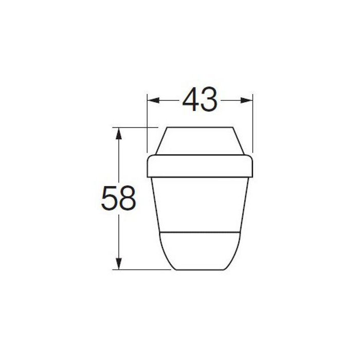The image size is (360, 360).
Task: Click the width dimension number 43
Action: (200, 99)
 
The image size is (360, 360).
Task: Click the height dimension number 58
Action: (118, 198)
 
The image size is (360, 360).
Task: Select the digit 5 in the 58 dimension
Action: (109, 198)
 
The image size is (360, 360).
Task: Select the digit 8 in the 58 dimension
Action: (128, 198)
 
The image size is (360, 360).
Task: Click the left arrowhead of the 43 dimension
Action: (153, 100)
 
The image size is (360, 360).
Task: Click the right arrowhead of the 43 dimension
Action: (246, 100)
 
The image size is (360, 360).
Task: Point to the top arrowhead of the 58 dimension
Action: (118, 133)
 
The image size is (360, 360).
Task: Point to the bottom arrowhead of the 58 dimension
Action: (118, 263)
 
